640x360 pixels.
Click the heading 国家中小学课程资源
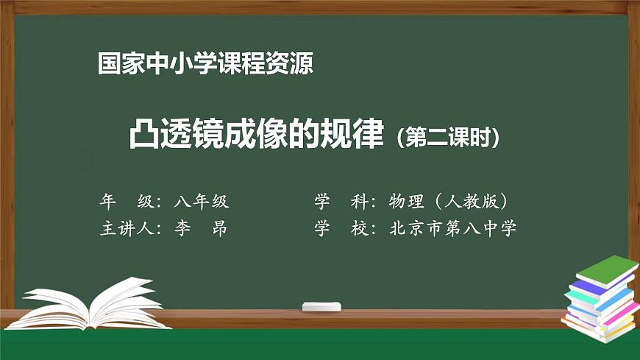click(x=205, y=65)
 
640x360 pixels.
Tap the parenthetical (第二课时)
click(x=448, y=138)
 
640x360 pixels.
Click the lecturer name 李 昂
click(x=201, y=228)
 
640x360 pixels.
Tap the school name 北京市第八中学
click(x=453, y=228)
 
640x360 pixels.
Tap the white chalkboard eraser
click(x=322, y=306)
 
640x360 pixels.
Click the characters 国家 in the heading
click(x=117, y=65)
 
